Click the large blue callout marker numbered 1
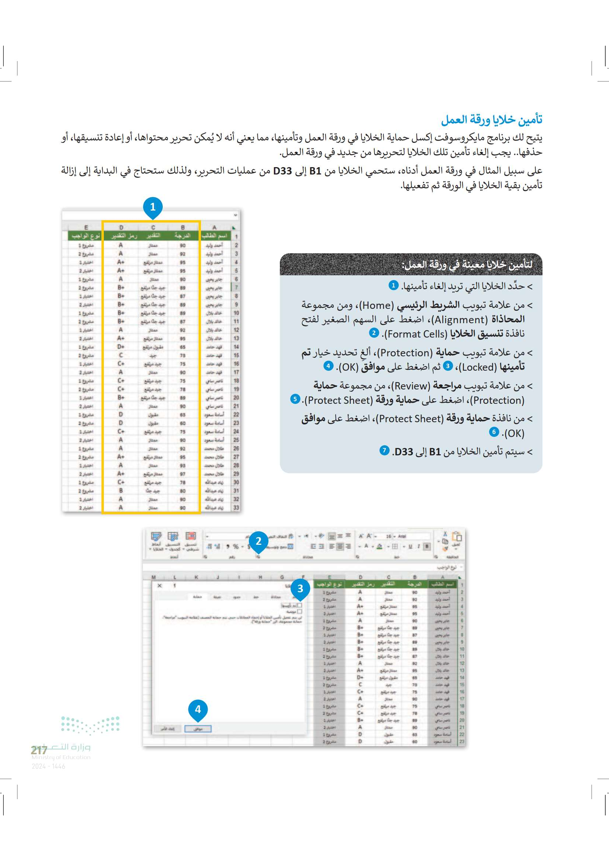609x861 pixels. pyautogui.click(x=153, y=207)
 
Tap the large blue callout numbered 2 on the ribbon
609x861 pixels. pyautogui.click(x=258, y=541)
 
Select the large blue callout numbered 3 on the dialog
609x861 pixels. pyautogui.click(x=300, y=588)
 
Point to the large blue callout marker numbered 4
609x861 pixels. pyautogui.click(x=198, y=709)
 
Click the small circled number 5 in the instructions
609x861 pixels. pyautogui.click(x=296, y=399)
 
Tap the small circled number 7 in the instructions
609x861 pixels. pyautogui.click(x=384, y=450)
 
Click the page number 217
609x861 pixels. pyautogui.click(x=39, y=750)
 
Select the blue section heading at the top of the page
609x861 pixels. pyautogui.click(x=492, y=120)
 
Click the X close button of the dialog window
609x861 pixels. pyautogui.click(x=159, y=586)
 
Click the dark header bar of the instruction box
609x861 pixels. pyautogui.click(x=411, y=265)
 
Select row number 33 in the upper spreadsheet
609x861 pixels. pyautogui.click(x=236, y=508)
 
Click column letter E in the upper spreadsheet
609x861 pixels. pyautogui.click(x=86, y=227)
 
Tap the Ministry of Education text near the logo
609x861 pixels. pyautogui.click(x=61, y=758)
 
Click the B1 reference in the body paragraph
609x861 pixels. pyautogui.click(x=315, y=172)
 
